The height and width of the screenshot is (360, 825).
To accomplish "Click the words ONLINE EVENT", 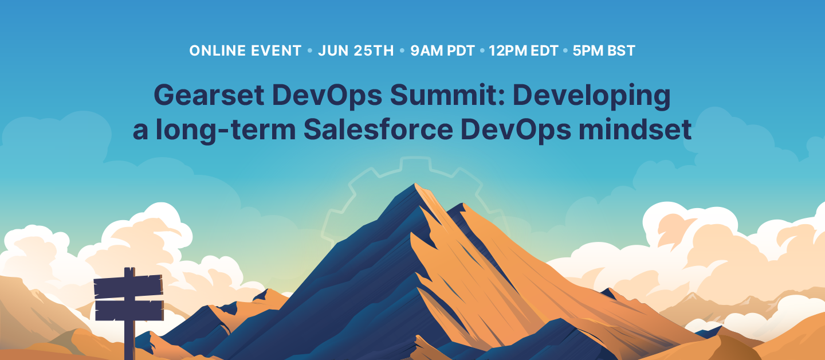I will (245, 50).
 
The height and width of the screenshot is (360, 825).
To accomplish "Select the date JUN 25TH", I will (356, 50).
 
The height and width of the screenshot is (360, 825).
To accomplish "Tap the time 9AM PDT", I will (442, 50).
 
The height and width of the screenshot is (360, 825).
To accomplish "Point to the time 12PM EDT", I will (524, 50).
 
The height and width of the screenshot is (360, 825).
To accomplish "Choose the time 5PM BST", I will (604, 50).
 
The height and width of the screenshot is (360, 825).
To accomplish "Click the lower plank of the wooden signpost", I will (129, 310).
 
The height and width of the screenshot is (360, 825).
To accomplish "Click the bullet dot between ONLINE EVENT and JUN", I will (310, 51).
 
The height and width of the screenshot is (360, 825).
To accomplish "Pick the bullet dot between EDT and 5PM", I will (565, 51).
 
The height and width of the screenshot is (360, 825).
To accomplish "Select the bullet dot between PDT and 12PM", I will (482, 51).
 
